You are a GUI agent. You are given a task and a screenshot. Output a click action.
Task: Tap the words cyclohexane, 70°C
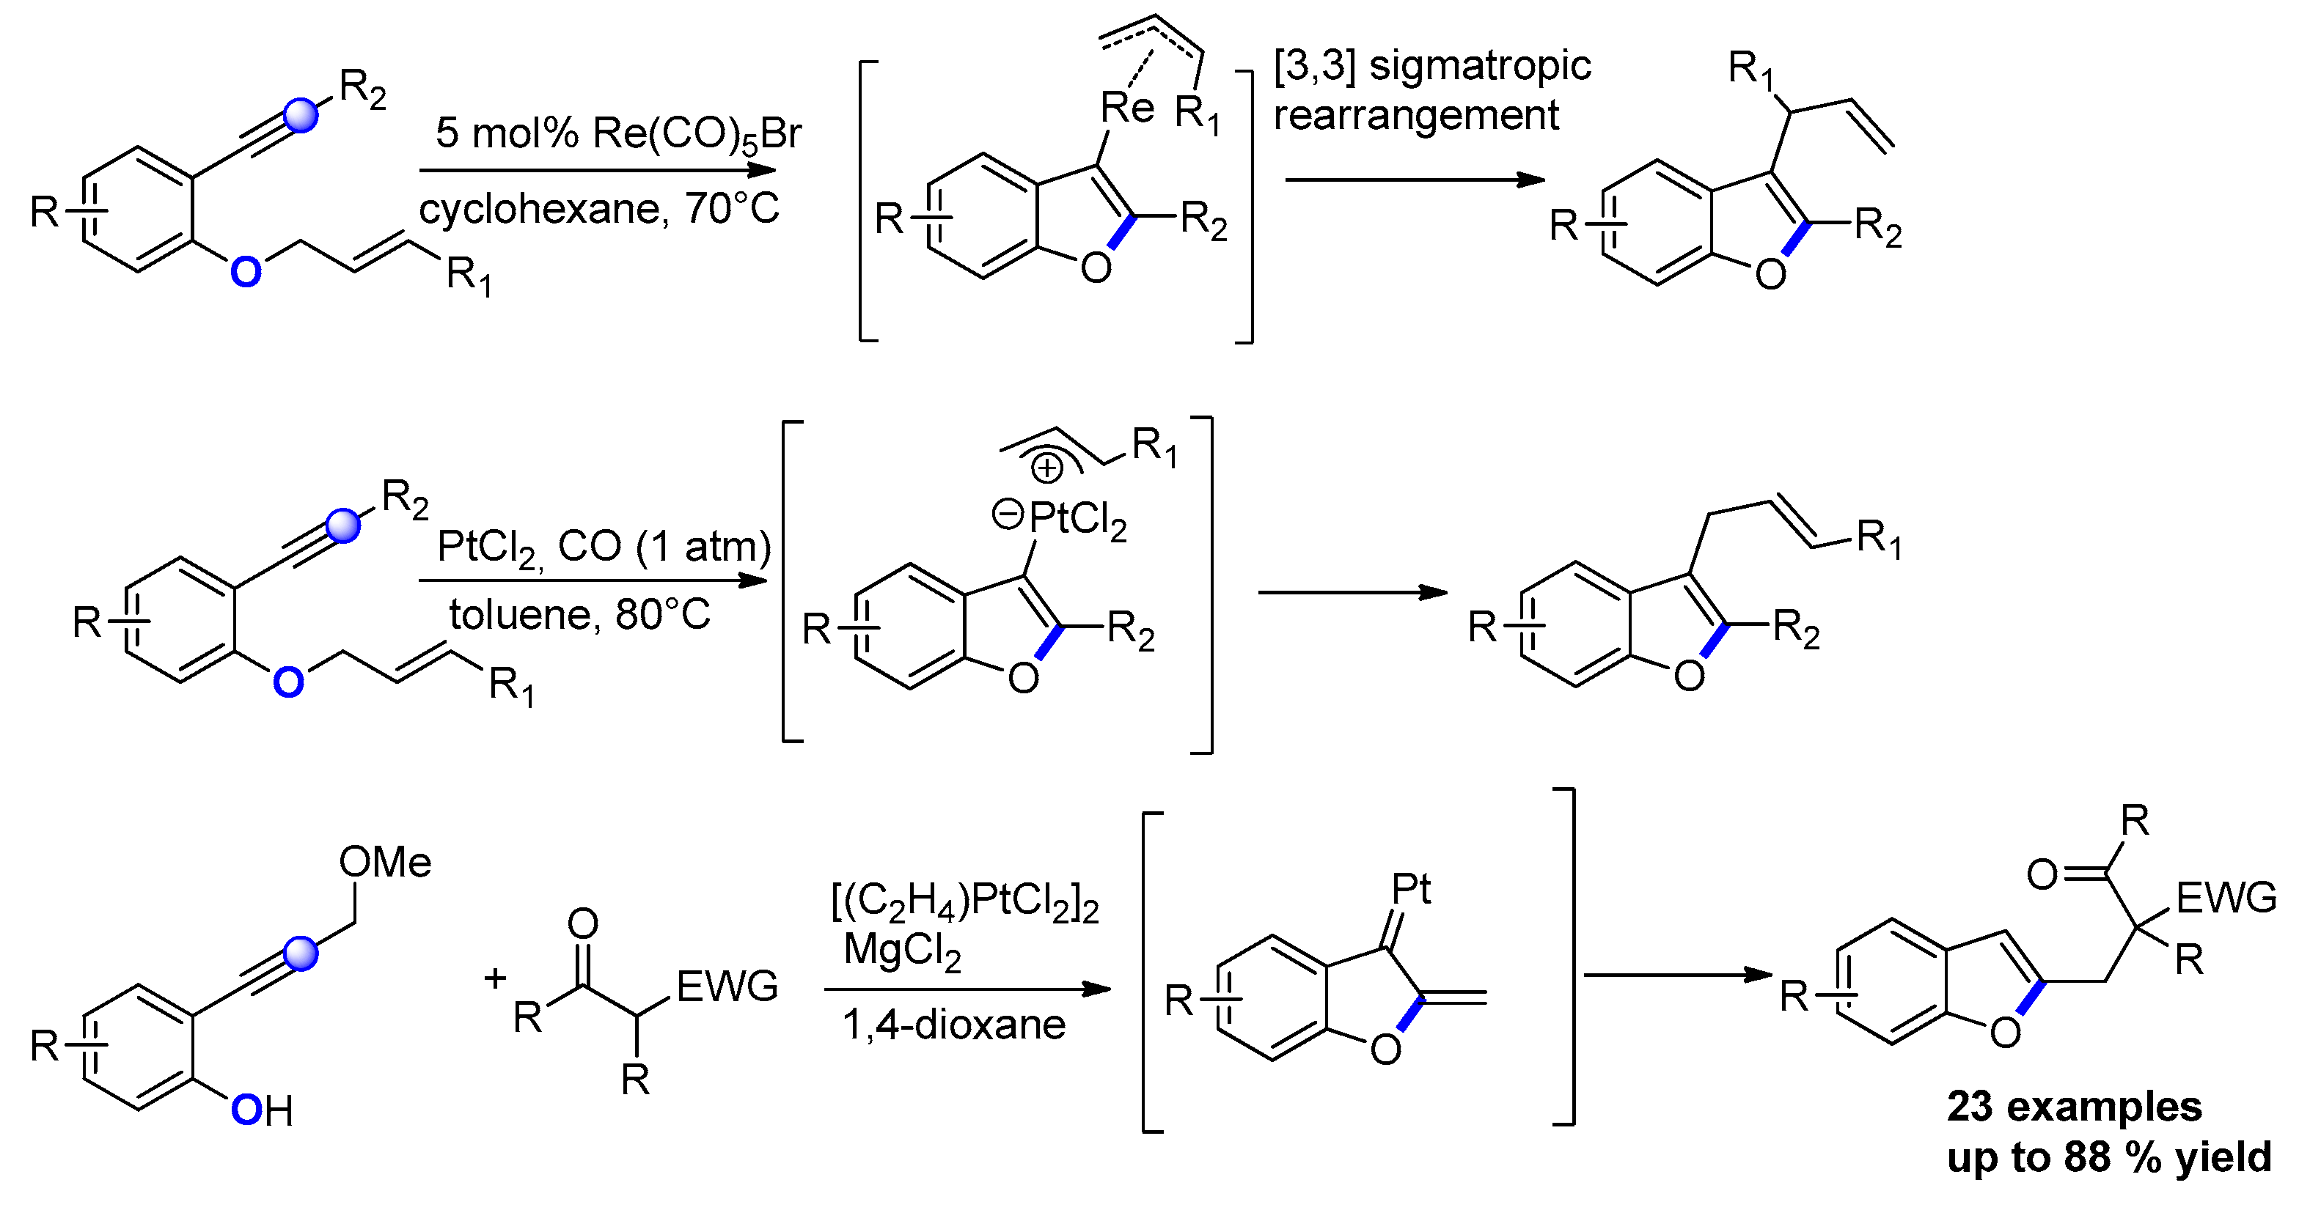pyautogui.click(x=598, y=209)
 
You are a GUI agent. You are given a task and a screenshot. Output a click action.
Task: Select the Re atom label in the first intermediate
pyautogui.click(x=1127, y=108)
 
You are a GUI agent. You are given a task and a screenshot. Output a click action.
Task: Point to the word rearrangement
pyautogui.click(x=1416, y=116)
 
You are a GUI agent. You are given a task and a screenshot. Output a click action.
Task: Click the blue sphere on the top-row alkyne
pyautogui.click(x=301, y=116)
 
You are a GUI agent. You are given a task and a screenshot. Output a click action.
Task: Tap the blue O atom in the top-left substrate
pyautogui.click(x=246, y=270)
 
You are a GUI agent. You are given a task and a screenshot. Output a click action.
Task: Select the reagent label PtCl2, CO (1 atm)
pyautogui.click(x=604, y=546)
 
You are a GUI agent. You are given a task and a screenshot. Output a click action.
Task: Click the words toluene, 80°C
pyautogui.click(x=579, y=615)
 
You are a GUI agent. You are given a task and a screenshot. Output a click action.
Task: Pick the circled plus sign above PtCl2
pyautogui.click(x=1046, y=468)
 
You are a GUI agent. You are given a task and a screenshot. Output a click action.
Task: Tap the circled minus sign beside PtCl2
pyautogui.click(x=1008, y=514)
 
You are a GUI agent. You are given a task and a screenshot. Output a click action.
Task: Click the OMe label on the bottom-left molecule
pyautogui.click(x=385, y=862)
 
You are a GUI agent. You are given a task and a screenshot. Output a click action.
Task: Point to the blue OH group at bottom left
pyautogui.click(x=261, y=1111)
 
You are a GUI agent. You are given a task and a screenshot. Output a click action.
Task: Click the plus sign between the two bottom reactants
pyautogui.click(x=495, y=977)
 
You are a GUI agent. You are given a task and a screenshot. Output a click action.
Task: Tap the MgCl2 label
pyautogui.click(x=901, y=949)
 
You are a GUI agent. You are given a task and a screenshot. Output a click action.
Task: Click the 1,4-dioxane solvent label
pyautogui.click(x=953, y=1025)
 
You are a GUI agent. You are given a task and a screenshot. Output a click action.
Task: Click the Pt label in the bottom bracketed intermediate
pyautogui.click(x=1411, y=889)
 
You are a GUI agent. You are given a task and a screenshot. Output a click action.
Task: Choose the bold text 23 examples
pyautogui.click(x=2074, y=1107)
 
